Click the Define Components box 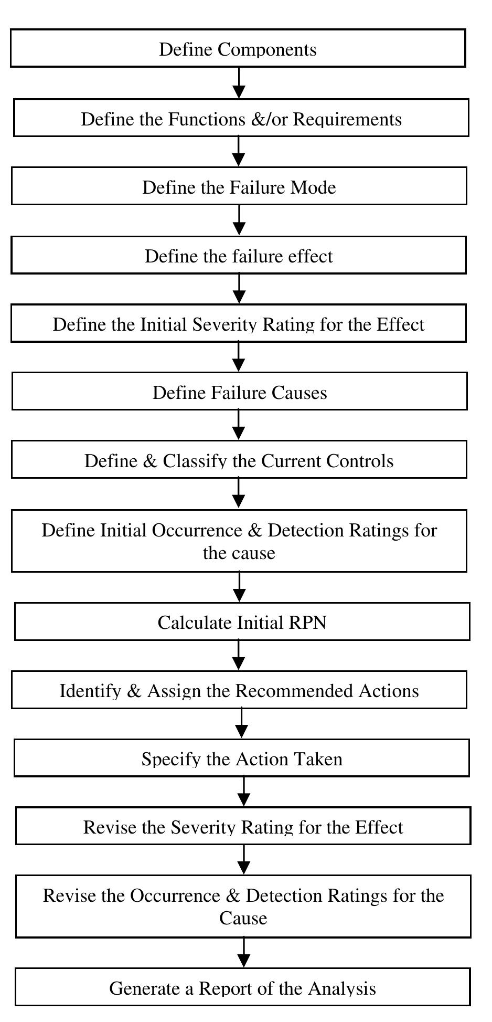238,49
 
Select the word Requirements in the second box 347,119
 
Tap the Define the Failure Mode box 239,187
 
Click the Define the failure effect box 239,256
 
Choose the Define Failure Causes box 239,392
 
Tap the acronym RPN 307,623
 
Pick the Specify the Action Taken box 241,758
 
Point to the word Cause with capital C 243,919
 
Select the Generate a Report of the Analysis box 242,988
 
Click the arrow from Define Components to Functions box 239,83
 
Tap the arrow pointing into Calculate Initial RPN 239,587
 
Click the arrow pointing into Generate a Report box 244,952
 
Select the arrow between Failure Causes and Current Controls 239,425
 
